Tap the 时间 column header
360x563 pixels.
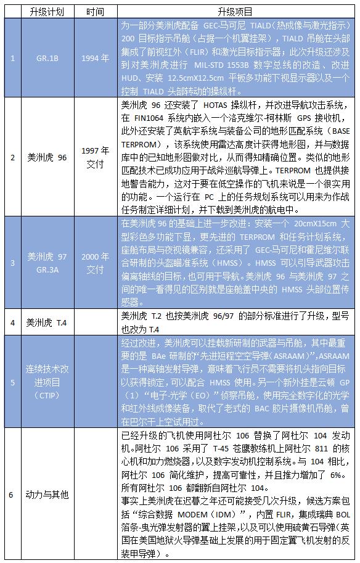[95, 11]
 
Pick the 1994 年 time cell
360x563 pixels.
[95, 59]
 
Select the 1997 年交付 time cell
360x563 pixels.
[95, 157]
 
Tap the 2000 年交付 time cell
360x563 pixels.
[95, 262]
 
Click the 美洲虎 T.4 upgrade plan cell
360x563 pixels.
[47, 322]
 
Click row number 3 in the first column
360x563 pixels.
[12, 262]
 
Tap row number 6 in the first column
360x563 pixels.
[12, 494]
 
